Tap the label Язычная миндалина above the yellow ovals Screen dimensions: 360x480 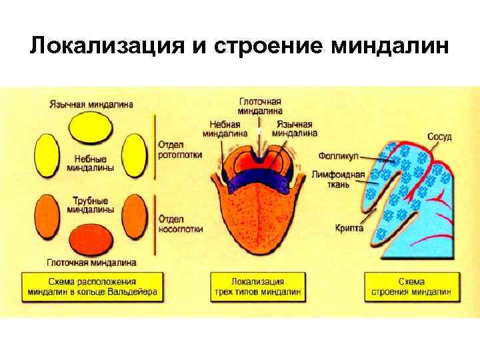click(x=91, y=104)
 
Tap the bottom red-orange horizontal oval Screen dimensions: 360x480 click(x=91, y=238)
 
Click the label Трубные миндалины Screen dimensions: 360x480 click(x=90, y=204)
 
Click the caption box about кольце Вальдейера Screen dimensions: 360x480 click(x=92, y=285)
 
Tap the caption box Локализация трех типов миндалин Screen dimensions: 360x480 click(x=257, y=285)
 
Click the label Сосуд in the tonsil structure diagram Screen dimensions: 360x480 click(x=439, y=137)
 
